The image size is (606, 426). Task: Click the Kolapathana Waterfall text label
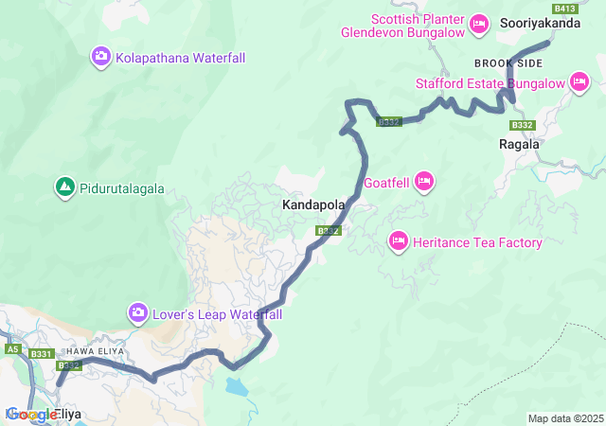(180, 58)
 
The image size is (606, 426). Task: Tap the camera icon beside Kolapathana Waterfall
(101, 58)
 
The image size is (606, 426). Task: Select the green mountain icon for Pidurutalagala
(64, 188)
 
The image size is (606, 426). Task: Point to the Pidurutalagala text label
(122, 188)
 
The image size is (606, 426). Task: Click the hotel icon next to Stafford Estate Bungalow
(579, 83)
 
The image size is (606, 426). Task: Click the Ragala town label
(519, 145)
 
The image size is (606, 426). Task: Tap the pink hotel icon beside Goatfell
(423, 181)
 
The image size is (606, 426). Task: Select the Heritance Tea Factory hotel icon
(399, 242)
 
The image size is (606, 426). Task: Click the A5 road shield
(12, 349)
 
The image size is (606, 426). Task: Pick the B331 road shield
(42, 354)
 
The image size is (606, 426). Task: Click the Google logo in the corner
(31, 415)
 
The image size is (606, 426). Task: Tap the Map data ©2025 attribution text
(564, 418)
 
